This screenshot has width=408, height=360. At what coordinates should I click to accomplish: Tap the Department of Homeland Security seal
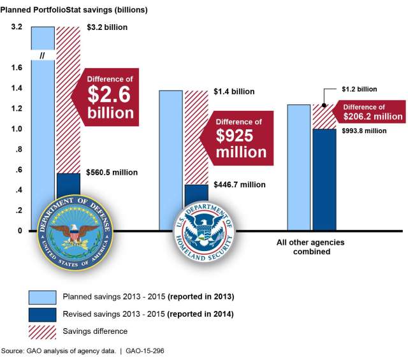pos(205,231)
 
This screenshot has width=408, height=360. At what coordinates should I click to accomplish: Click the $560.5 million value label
pos(112,172)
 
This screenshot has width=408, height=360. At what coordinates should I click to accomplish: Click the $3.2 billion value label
pos(107,27)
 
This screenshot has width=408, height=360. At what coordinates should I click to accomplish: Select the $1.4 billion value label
pos(235,92)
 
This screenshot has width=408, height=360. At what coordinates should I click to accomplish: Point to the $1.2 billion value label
pos(358,89)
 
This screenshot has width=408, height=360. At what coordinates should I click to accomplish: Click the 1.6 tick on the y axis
pos(17,68)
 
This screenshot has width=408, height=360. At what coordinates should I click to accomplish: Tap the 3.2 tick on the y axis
pos(17,27)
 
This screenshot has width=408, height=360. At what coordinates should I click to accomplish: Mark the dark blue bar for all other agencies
pos(324,179)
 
